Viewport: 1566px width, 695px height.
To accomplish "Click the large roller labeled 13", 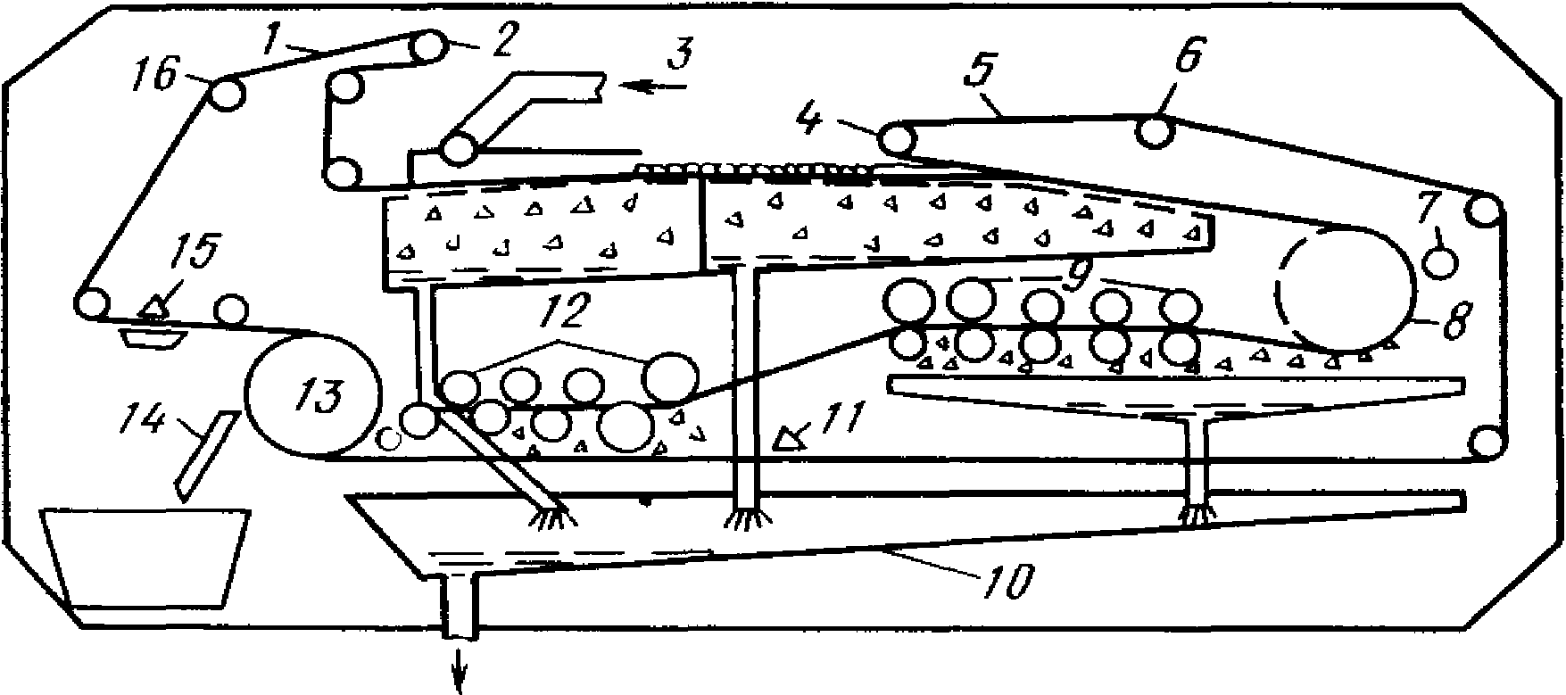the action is (x=312, y=395).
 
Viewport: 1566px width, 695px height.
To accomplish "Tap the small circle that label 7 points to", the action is (x=1440, y=261).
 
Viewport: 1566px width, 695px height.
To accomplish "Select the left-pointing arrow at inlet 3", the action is (x=655, y=86).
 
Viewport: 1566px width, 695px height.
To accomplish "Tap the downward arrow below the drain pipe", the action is (x=462, y=671).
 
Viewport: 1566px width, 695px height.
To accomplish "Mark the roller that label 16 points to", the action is (x=227, y=93).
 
